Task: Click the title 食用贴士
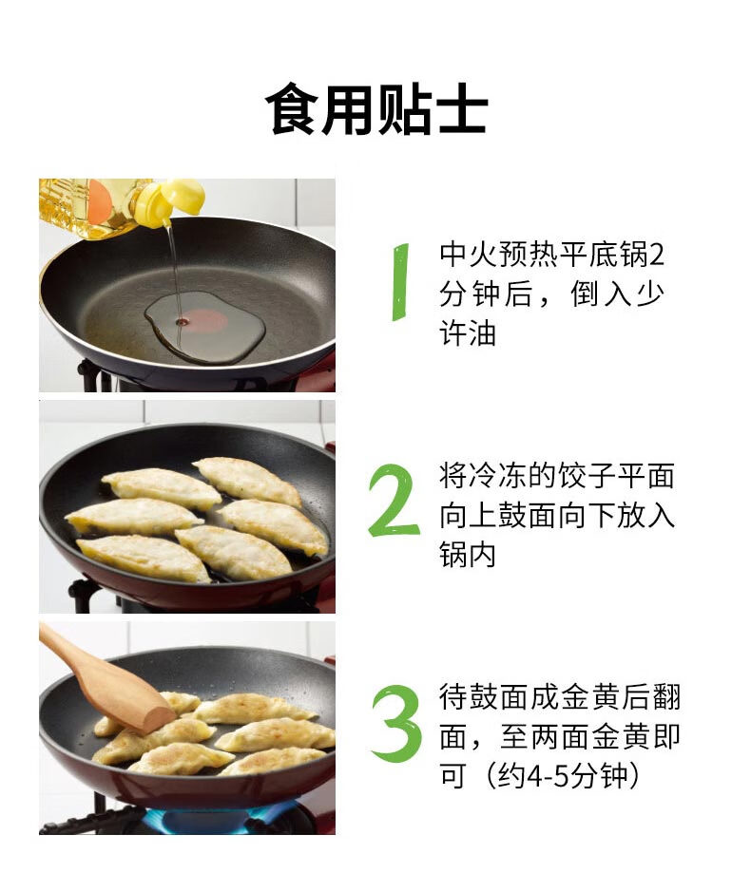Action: click(375, 108)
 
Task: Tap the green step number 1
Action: click(401, 282)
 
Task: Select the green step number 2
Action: click(394, 502)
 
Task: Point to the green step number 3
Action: click(396, 723)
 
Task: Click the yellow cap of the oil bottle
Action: click(170, 199)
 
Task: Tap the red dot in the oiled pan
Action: click(204, 321)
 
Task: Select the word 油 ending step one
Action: click(482, 332)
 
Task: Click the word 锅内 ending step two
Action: click(468, 555)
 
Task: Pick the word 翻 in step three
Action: click(666, 697)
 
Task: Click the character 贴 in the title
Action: click(404, 108)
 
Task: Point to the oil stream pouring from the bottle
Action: click(175, 273)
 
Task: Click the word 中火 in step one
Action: click(468, 255)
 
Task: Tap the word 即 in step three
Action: click(666, 736)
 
